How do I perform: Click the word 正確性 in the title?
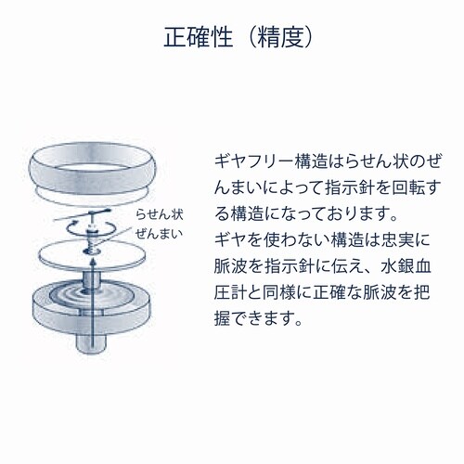[x=198, y=38]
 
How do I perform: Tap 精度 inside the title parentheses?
[x=281, y=38]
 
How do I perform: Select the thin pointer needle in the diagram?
[x=82, y=215]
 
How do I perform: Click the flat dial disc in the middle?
[x=92, y=255]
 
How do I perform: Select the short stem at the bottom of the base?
[x=92, y=342]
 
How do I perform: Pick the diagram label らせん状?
[x=160, y=214]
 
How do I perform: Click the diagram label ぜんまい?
[x=159, y=234]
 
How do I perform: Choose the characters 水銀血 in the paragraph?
[x=406, y=267]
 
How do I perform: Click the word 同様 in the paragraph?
[x=279, y=293]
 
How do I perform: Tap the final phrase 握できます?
[x=257, y=318]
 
